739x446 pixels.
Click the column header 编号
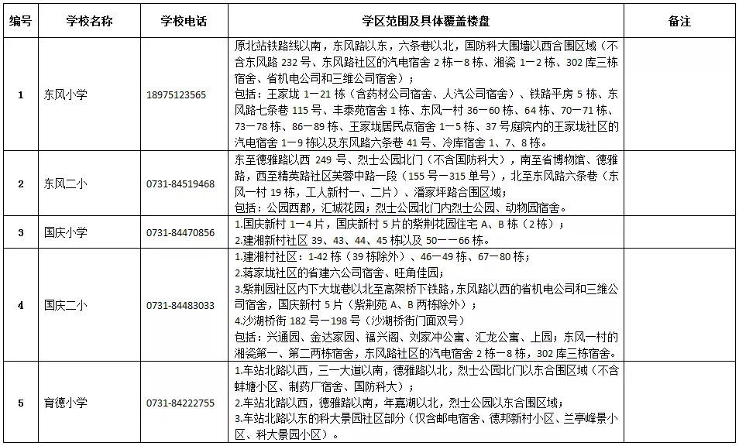[x=20, y=21]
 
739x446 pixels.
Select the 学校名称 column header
[x=89, y=21]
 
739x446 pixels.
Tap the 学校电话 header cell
[x=184, y=21]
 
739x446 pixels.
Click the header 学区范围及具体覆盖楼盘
[x=426, y=21]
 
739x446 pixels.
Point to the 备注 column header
[x=679, y=21]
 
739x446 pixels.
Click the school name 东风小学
[x=66, y=94]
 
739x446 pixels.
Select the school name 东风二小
[x=66, y=184]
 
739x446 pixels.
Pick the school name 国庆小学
[x=66, y=232]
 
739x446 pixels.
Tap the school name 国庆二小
[x=66, y=305]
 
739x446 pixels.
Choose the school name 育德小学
[x=66, y=403]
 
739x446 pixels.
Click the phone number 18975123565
[x=176, y=94]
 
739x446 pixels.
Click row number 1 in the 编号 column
[x=20, y=94]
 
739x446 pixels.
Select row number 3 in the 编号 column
[x=20, y=232]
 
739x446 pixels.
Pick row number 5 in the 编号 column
[x=20, y=403]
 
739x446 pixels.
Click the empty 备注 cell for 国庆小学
[x=679, y=232]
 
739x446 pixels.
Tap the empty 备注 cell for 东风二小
[x=679, y=184]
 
